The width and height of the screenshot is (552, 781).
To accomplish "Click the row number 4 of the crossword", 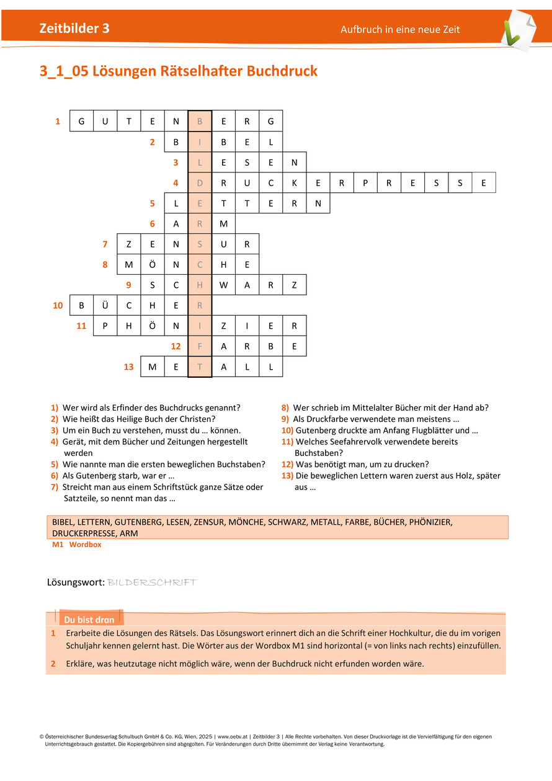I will [x=176, y=184].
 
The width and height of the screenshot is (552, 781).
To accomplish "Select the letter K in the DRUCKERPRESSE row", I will [x=294, y=184].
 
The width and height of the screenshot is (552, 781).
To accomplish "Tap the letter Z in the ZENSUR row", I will [x=128, y=244].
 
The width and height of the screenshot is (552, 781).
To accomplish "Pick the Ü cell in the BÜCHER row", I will [x=105, y=305].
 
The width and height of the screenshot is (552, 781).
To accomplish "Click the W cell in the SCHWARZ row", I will [x=223, y=285].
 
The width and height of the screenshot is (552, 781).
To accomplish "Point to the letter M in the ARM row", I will [x=223, y=224].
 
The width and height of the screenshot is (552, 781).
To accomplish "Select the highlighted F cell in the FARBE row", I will [x=200, y=346].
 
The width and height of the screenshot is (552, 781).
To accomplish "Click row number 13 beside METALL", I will [x=128, y=367].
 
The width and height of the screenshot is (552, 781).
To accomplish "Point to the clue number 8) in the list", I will [x=285, y=408].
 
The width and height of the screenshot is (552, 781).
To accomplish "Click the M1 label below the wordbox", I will [x=58, y=545].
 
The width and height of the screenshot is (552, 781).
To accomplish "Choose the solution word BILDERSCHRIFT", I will [x=152, y=582].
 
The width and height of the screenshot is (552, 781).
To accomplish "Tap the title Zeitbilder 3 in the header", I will [x=74, y=29].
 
